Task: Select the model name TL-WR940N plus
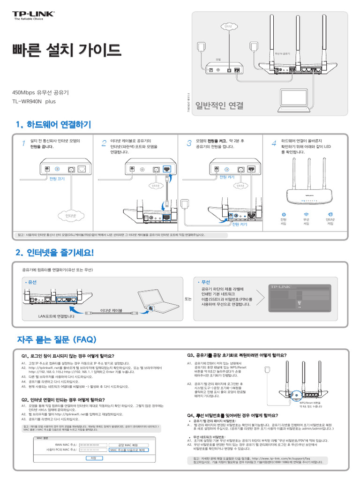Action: pyautogui.click(x=34, y=101)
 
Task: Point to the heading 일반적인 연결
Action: pyautogui.click(x=219, y=105)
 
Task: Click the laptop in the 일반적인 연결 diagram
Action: pyautogui.click(x=294, y=97)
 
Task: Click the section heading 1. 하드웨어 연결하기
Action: pyautogui.click(x=53, y=125)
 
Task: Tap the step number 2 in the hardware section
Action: pyautogui.click(x=104, y=143)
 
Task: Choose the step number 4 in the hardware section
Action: pyautogui.click(x=274, y=143)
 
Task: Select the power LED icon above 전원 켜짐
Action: pyautogui.click(x=284, y=214)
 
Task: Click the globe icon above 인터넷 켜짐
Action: pyautogui.click(x=330, y=214)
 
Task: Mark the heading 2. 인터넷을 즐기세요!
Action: pyautogui.click(x=54, y=253)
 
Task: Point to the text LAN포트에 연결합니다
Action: pyautogui.click(x=56, y=316)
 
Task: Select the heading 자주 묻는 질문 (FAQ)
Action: pyautogui.click(x=57, y=339)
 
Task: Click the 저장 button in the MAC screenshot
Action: pyautogui.click(x=93, y=458)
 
